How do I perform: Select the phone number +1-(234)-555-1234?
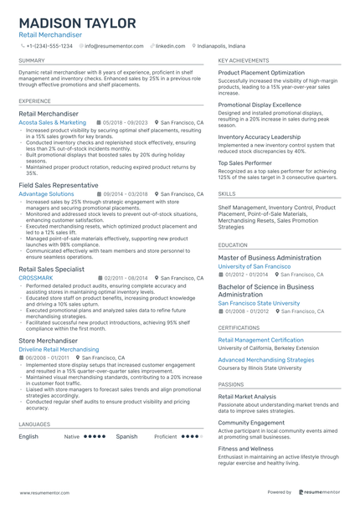[x=49, y=47]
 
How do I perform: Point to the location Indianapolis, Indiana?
[x=221, y=47]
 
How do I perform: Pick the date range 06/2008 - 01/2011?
[x=47, y=357]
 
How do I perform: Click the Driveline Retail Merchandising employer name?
[x=59, y=349]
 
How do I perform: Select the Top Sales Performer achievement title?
[x=245, y=162]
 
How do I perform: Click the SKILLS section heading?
[x=227, y=193]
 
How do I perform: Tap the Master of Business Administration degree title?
[x=269, y=258]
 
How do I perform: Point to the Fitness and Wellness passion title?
[x=246, y=449]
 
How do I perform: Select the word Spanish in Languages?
[x=126, y=436]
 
